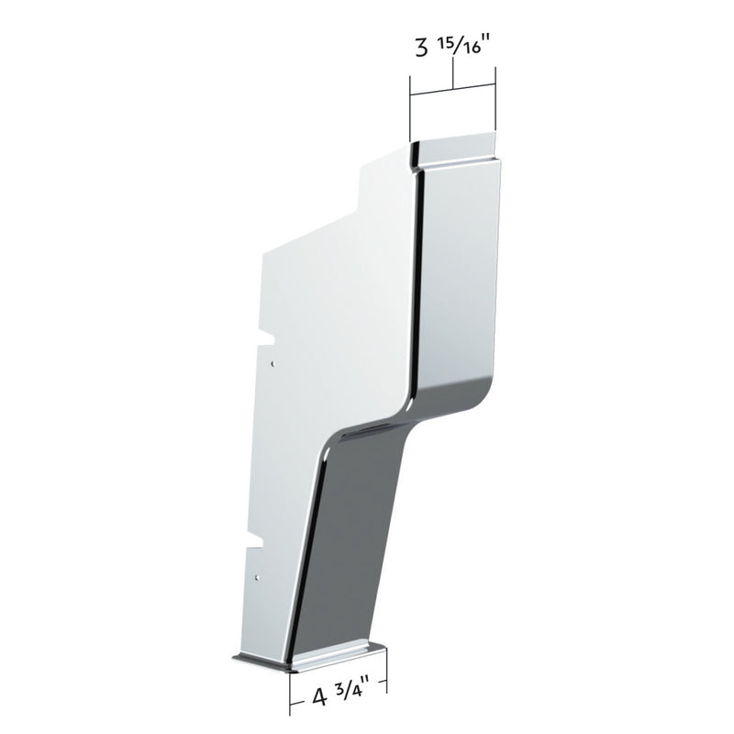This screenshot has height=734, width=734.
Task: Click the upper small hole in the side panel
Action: pyautogui.click(x=272, y=362)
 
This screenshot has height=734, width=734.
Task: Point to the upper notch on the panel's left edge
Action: pyautogui.click(x=268, y=339)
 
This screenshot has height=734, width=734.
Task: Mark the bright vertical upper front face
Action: pyautogui.click(x=459, y=275)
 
